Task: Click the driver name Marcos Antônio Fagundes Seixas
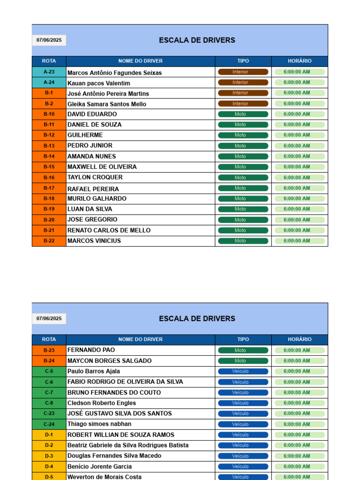tap(114, 73)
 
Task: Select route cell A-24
tap(49, 82)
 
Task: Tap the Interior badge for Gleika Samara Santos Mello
tap(243, 104)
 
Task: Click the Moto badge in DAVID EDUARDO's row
tap(243, 114)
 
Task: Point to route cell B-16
tap(49, 178)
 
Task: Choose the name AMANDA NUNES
tap(91, 157)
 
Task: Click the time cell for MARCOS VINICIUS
tap(299, 241)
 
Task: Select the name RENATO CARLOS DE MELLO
tap(109, 230)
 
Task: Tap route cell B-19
tap(49, 209)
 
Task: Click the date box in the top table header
tap(49, 40)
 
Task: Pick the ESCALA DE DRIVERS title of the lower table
tap(197, 319)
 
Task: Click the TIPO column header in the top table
tap(243, 61)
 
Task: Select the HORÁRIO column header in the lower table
tap(299, 339)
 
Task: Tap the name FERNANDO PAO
tap(91, 350)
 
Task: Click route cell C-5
tap(49, 371)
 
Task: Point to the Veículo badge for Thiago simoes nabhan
tap(243, 424)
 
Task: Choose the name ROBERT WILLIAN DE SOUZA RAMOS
tap(120, 435)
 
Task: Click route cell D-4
tap(49, 466)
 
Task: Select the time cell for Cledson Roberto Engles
tap(299, 403)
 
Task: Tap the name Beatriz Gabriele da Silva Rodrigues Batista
tap(128, 445)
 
